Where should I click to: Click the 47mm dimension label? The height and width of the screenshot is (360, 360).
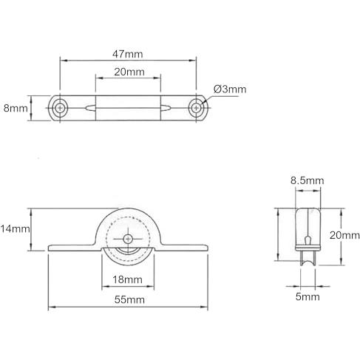coord(127,54)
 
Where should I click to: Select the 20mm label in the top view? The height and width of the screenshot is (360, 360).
coord(129,72)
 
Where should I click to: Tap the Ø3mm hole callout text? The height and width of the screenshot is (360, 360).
coord(230,89)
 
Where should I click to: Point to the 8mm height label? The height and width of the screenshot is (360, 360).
coord(16,109)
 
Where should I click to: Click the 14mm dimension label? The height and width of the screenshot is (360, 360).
coord(15,229)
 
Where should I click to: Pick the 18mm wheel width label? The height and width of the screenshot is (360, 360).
coord(127,279)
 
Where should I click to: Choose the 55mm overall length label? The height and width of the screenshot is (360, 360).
coord(129,300)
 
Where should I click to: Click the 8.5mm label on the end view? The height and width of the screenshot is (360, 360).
coord(307,180)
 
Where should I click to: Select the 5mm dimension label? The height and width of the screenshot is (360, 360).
coord(308,296)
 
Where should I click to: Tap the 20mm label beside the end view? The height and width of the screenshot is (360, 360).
coord(344,235)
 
